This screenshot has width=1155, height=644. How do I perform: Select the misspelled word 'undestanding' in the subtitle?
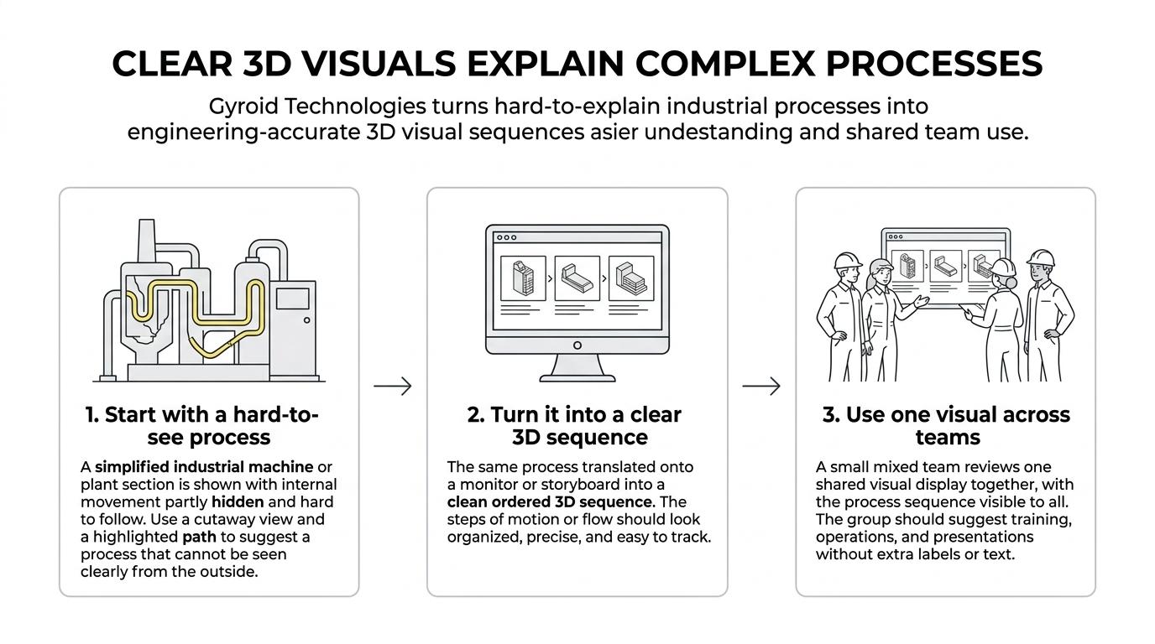tap(719, 132)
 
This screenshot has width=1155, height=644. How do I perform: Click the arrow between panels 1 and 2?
tap(393, 386)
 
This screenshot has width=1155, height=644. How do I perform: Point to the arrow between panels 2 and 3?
tap(761, 386)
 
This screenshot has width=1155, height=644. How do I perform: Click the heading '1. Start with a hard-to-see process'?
tap(202, 425)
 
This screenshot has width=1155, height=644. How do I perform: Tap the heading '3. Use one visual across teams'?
tap(946, 425)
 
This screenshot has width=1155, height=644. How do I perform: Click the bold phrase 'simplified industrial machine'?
tap(204, 467)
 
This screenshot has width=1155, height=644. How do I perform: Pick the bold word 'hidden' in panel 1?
tap(238, 501)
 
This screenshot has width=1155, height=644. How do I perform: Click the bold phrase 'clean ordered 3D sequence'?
tap(550, 501)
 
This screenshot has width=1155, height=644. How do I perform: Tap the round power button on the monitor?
tap(577, 345)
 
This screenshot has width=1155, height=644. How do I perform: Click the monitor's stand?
tap(577, 368)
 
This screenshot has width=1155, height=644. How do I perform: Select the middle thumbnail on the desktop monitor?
tap(577, 278)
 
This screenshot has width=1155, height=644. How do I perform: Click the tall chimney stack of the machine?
tap(146, 241)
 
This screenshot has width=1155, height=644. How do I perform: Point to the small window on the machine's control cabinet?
tap(292, 299)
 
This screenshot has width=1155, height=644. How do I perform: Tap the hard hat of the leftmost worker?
tap(848, 261)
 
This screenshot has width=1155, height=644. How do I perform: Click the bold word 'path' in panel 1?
tap(200, 537)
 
